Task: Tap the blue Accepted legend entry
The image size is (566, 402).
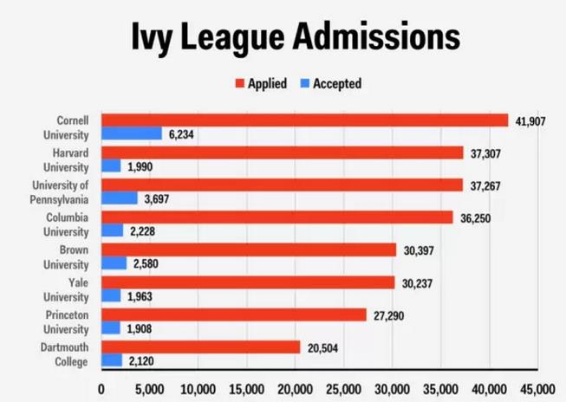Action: click(x=330, y=84)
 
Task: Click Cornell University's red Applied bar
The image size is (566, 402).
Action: click(x=304, y=120)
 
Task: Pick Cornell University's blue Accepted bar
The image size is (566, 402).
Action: click(x=132, y=134)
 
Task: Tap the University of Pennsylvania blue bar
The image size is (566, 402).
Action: click(x=120, y=198)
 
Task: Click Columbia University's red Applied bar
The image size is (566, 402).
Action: click(x=276, y=217)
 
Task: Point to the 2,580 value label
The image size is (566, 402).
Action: click(x=147, y=263)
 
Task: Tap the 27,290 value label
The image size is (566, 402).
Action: click(x=390, y=315)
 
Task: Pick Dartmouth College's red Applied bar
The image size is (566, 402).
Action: click(x=201, y=347)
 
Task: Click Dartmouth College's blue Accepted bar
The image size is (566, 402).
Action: click(x=112, y=360)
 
